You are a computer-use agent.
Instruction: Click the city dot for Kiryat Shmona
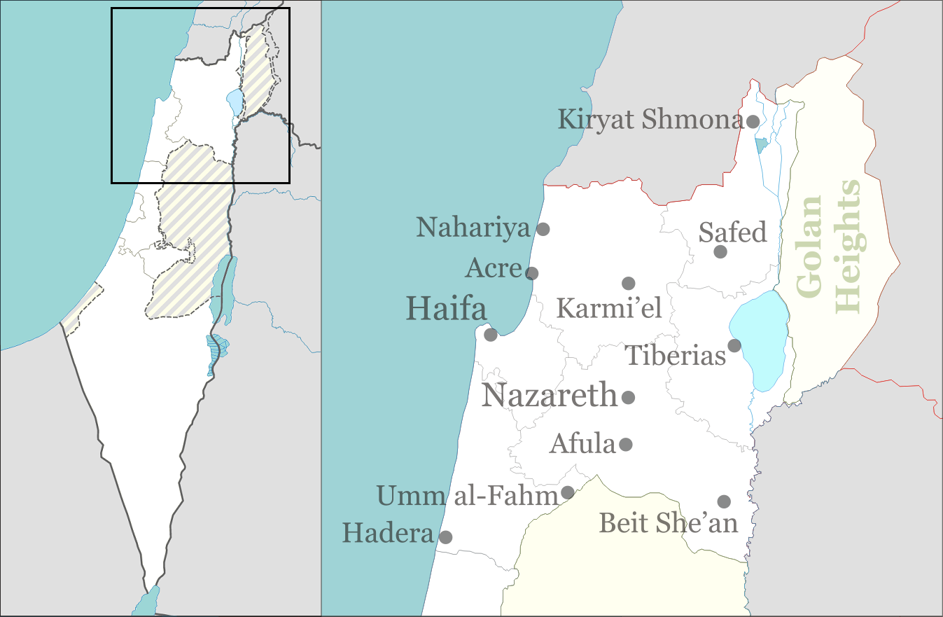pyautogui.click(x=753, y=121)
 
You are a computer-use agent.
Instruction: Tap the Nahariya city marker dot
pyautogui.click(x=543, y=228)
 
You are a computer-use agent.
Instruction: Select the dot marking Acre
pyautogui.click(x=532, y=273)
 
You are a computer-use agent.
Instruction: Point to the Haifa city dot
pyautogui.click(x=491, y=335)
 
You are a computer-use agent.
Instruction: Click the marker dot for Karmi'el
pyautogui.click(x=628, y=283)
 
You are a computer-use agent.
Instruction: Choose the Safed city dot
pyautogui.click(x=720, y=251)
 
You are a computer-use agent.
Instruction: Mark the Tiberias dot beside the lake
pyautogui.click(x=734, y=345)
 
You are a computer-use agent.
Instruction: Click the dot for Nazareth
pyautogui.click(x=628, y=397)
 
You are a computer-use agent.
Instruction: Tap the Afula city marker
pyautogui.click(x=626, y=444)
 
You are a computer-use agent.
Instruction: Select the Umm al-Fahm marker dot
pyautogui.click(x=568, y=492)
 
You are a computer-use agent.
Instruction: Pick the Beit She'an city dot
pyautogui.click(x=724, y=501)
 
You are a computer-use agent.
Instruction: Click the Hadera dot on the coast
pyautogui.click(x=445, y=537)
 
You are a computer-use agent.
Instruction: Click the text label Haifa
pyautogui.click(x=446, y=309)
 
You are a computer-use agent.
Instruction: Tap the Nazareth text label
pyautogui.click(x=550, y=396)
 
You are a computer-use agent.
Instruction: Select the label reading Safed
pyautogui.click(x=733, y=232)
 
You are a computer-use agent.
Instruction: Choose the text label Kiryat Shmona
pyautogui.click(x=650, y=120)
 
